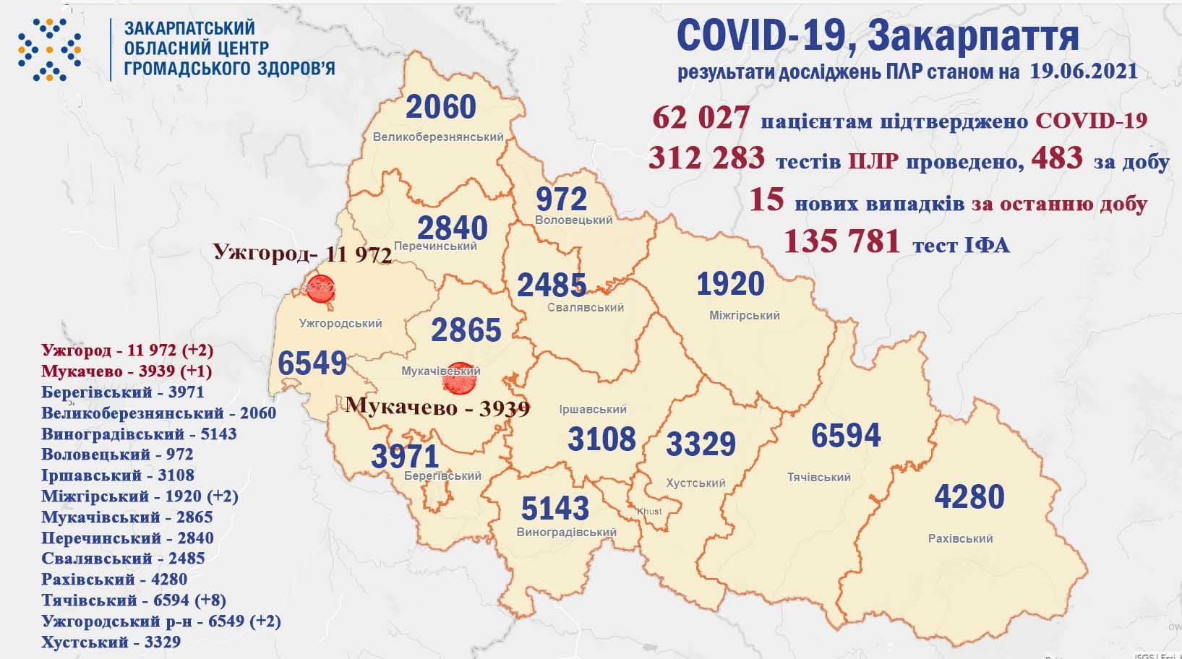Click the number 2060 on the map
[441, 107]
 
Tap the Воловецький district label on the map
[574, 220]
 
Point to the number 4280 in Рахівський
[969, 497]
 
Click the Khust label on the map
[649, 512]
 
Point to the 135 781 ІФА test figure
[842, 241]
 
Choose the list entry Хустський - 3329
[111, 642]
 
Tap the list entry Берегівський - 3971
[123, 392]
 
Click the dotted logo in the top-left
[49, 49]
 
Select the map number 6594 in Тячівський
[846, 436]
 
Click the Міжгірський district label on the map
[744, 315]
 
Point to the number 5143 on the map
[555, 509]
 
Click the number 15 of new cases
[766, 199]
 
